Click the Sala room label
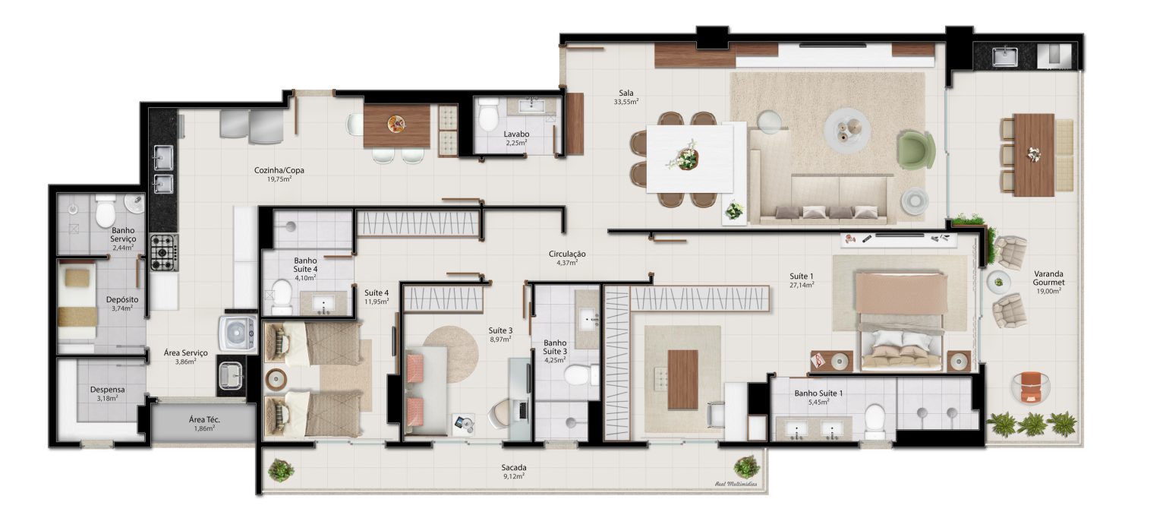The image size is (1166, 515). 626,93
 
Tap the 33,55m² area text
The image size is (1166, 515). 626,102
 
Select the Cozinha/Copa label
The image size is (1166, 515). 279,170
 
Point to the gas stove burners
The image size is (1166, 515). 164,252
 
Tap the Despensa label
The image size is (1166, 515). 107,390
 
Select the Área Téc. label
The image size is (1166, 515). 204,419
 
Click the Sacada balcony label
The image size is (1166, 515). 514,468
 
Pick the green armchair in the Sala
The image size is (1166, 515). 915,150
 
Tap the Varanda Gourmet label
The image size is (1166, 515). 1049,278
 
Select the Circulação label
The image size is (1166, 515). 567,254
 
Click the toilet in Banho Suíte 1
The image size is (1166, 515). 874,421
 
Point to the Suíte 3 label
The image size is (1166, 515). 500,330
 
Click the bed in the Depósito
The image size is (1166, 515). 77,302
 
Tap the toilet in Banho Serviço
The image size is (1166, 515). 106,211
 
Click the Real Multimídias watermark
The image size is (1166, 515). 736,485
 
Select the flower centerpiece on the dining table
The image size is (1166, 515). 685,156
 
